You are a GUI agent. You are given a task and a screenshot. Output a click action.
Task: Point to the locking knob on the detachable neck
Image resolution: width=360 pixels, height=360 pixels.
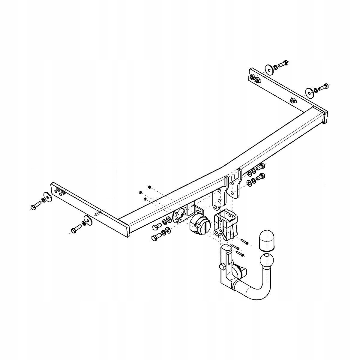click(x=222, y=266)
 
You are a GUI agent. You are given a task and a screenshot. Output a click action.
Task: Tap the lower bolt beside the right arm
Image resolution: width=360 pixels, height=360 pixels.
click(x=323, y=87)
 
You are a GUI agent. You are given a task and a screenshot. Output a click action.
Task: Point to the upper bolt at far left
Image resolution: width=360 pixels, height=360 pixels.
click(x=35, y=205)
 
